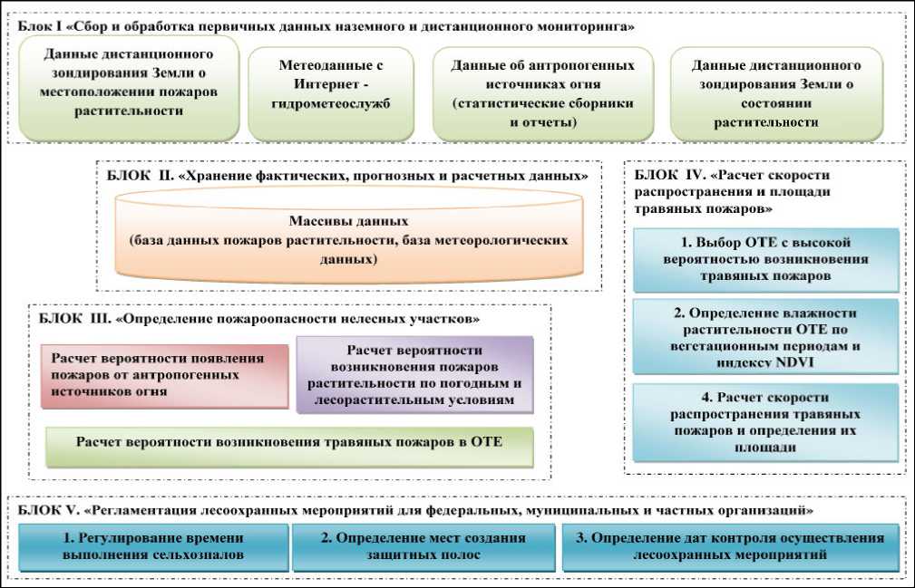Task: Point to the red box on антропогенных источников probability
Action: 163,375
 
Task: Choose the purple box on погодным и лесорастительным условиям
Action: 414,375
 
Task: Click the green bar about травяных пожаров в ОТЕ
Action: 289,443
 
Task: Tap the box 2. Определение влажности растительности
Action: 765,337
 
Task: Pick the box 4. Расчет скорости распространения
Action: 765,422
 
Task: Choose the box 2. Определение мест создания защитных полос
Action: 423,546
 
